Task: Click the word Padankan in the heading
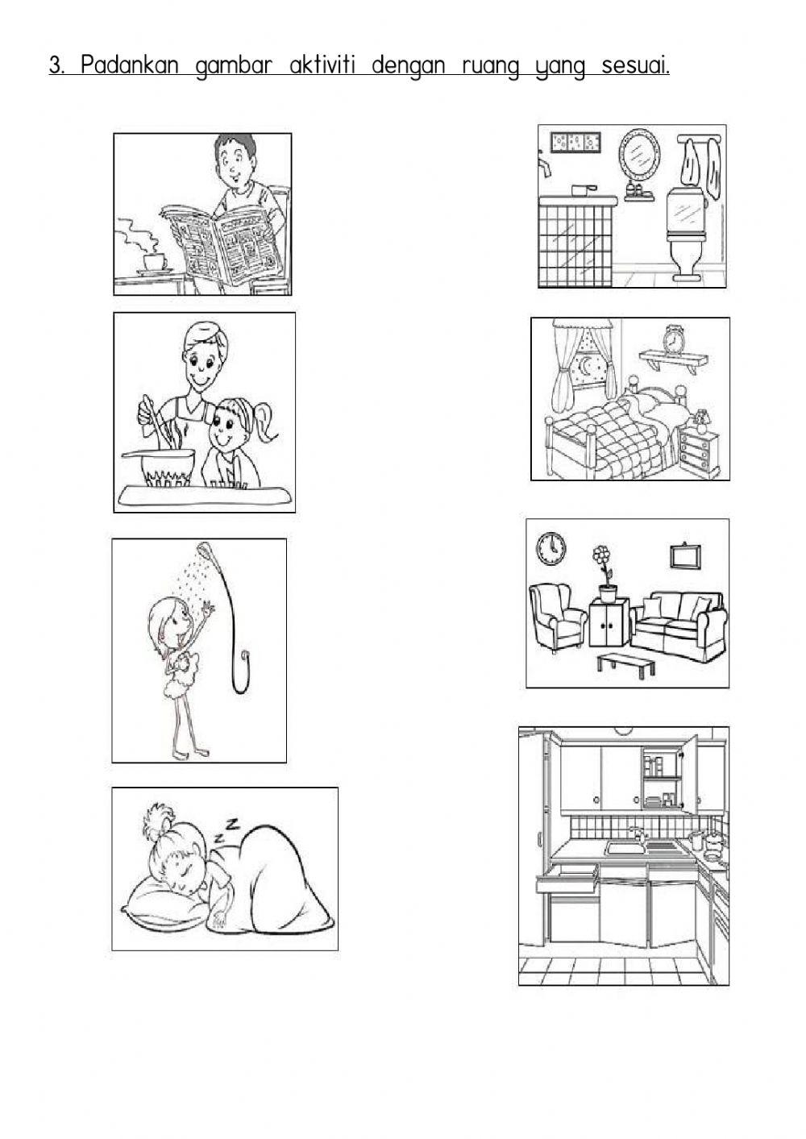click(130, 65)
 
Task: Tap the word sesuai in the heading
click(635, 65)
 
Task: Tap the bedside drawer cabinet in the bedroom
click(700, 451)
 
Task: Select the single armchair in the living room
click(556, 617)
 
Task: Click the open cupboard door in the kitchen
click(690, 775)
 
